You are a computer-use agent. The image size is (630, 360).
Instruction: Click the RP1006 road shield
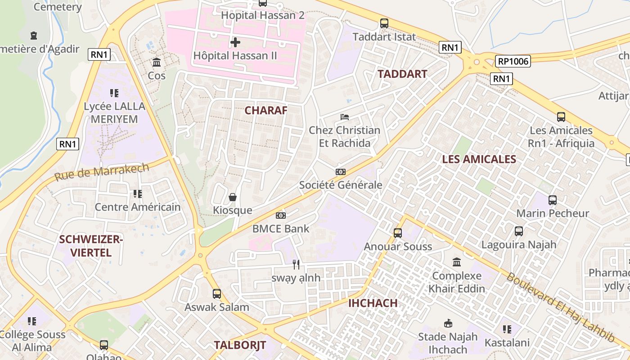point(513,61)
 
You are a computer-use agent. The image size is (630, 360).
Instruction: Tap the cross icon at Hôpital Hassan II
point(235,43)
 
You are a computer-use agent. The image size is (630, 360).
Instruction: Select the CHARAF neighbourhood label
point(266,110)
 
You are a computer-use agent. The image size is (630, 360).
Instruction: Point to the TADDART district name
point(402,74)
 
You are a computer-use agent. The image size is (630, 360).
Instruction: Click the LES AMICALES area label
point(479,159)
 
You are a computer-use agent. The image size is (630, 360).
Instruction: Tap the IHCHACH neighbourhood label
point(373,303)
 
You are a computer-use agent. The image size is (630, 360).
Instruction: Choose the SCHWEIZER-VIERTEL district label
point(91,246)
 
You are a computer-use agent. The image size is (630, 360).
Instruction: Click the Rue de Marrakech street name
point(102,172)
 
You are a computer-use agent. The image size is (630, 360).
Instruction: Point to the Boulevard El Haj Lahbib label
point(560,307)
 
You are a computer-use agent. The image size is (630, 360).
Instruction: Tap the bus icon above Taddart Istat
point(384,23)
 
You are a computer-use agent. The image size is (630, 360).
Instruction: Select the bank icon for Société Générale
point(341,172)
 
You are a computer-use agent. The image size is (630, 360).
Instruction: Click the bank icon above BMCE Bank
point(281,216)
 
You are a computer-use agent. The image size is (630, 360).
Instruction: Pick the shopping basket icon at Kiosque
point(233,197)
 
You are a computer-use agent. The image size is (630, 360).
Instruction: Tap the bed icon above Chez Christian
point(345,117)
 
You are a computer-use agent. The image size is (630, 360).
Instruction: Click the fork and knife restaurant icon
point(296,265)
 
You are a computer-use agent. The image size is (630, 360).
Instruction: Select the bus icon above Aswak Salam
point(216,294)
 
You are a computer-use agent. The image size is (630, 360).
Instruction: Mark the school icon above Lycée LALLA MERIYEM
point(114,93)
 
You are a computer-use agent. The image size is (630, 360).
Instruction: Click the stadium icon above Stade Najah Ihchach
point(448,323)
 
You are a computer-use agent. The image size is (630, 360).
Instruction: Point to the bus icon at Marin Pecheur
point(552,200)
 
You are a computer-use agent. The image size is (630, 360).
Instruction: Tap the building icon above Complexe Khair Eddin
point(457,262)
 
